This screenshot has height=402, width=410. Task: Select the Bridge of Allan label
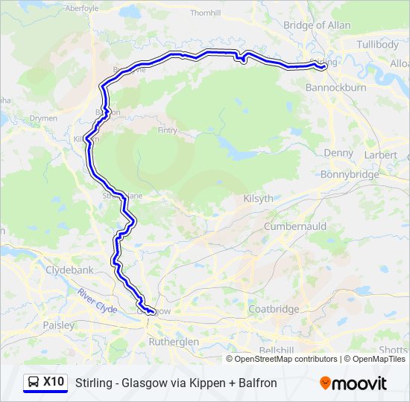317,25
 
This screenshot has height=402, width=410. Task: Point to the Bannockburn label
336,87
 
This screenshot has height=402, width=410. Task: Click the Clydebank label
70,269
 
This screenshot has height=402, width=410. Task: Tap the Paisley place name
59,325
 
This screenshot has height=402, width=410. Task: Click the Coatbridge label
274,309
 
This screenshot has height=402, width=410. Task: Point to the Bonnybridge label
349,174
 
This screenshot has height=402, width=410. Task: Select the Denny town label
338,153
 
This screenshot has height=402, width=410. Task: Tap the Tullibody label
378,45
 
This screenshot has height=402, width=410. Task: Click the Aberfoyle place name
82,8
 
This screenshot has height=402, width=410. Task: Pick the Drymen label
44,118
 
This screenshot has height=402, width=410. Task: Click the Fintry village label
168,130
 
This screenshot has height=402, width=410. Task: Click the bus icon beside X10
33,383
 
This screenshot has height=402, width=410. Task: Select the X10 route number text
54,382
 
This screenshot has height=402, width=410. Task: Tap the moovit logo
353,383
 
